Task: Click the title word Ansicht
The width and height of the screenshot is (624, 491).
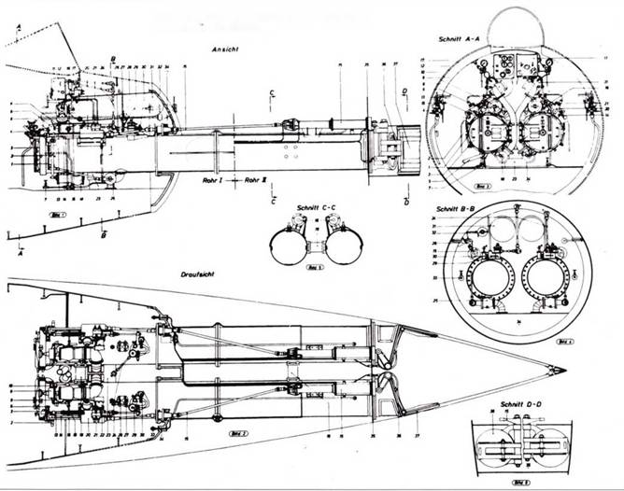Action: pos(225,49)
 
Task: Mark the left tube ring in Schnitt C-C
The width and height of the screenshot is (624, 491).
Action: pos(291,248)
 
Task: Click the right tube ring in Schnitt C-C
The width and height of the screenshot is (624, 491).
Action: pos(341,248)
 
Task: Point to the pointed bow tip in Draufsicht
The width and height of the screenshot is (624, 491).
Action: pos(561,371)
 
